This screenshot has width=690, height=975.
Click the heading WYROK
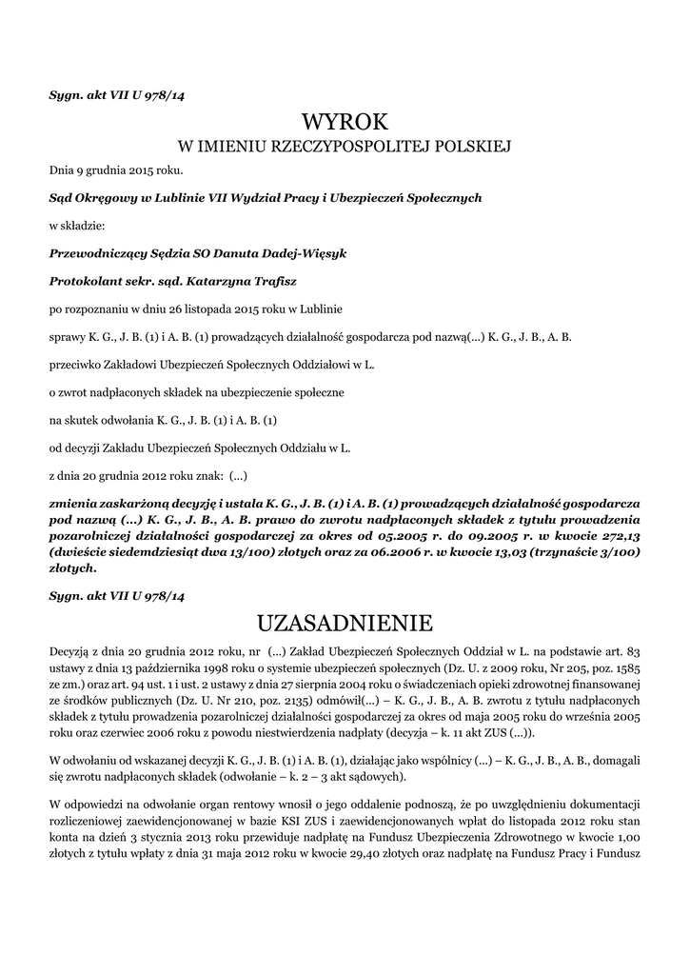tap(345, 122)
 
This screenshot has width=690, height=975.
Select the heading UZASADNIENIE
tap(345, 623)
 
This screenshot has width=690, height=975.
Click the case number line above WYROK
tap(116, 95)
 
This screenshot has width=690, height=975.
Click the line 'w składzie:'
tap(77, 227)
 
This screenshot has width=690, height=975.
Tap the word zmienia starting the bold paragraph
tap(74, 502)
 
